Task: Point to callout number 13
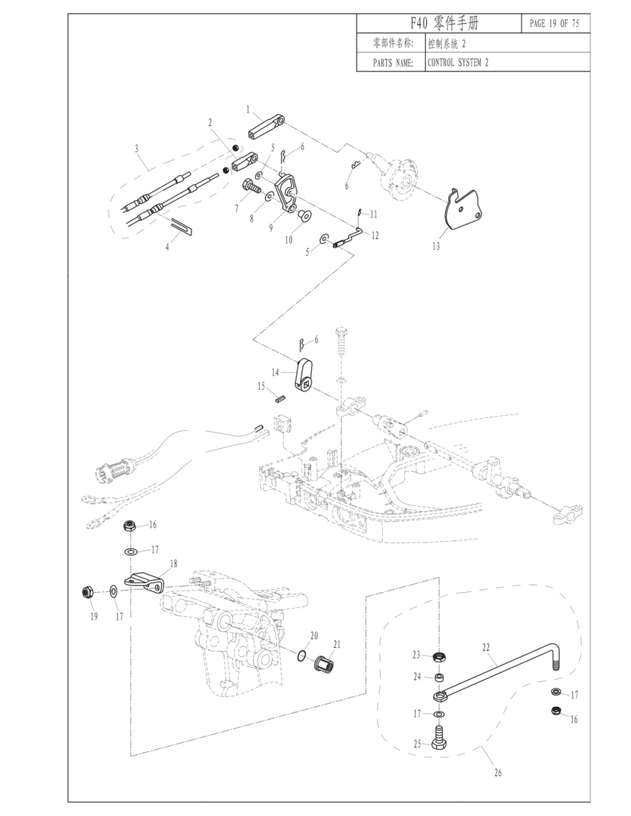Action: tap(436, 247)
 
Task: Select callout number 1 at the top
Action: tap(248, 108)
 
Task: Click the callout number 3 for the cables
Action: tap(136, 148)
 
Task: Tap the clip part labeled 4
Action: tap(181, 227)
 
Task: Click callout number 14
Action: tap(275, 372)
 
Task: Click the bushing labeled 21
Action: tap(324, 662)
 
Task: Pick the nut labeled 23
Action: tap(440, 657)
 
